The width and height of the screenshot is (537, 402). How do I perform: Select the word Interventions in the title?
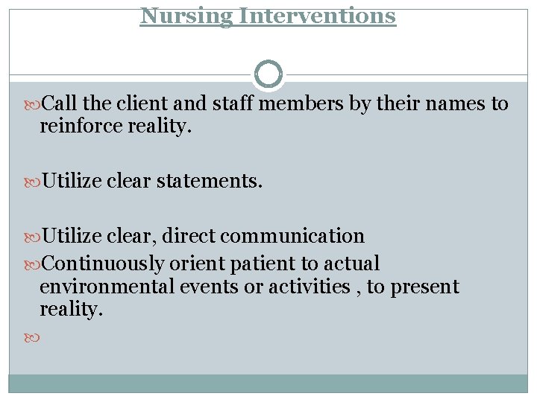(x=317, y=15)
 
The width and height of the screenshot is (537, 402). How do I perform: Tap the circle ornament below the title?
(x=268, y=74)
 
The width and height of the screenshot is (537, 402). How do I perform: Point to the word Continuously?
(x=104, y=264)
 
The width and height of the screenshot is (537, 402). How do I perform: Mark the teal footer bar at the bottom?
(x=268, y=383)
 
